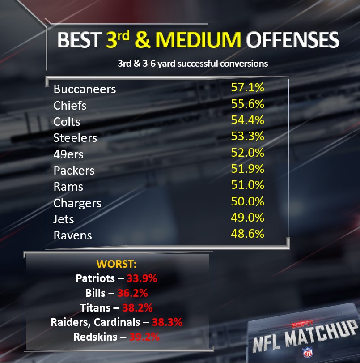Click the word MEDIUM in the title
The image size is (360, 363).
tap(198, 40)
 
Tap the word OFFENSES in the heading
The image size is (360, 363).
tap(292, 40)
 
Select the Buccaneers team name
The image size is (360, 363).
tap(85, 89)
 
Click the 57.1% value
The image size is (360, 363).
tap(248, 87)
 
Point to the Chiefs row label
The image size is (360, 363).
tap(70, 106)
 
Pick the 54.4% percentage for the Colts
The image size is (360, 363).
tap(248, 120)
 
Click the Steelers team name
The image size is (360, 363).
tap(75, 138)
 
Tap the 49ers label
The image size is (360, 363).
tap(68, 154)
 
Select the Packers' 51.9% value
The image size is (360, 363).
tap(248, 169)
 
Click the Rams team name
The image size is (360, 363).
tap(68, 187)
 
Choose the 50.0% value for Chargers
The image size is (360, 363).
tap(248, 201)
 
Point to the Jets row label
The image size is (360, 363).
tap(64, 219)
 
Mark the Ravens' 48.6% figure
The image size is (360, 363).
tap(248, 234)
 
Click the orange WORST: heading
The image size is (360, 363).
tap(116, 264)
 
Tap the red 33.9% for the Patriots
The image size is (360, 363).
tap(142, 278)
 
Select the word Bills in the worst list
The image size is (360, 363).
tap(95, 293)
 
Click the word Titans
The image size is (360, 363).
tap(95, 308)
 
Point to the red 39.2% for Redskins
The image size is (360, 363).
tap(144, 337)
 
